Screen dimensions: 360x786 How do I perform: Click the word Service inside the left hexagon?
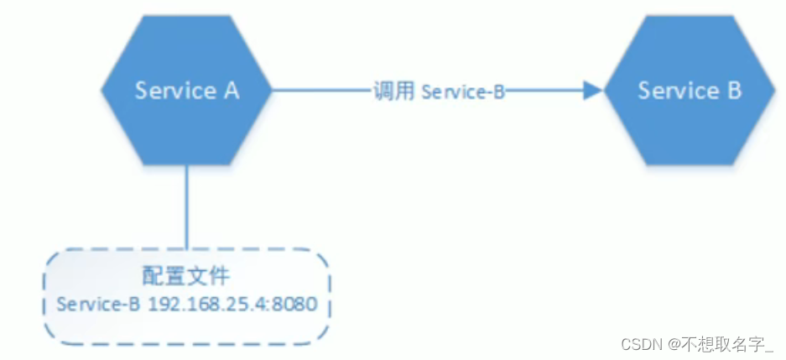pyautogui.click(x=172, y=91)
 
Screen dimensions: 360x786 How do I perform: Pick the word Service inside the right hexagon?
pyautogui.click(x=674, y=91)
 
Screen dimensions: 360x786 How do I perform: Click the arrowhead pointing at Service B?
pyautogui.click(x=593, y=91)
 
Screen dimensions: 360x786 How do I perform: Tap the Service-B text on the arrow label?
pyautogui.click(x=462, y=91)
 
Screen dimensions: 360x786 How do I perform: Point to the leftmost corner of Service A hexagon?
pyautogui.click(x=102, y=90)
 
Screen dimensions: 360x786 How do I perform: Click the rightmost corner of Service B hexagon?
pyautogui.click(x=773, y=90)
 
